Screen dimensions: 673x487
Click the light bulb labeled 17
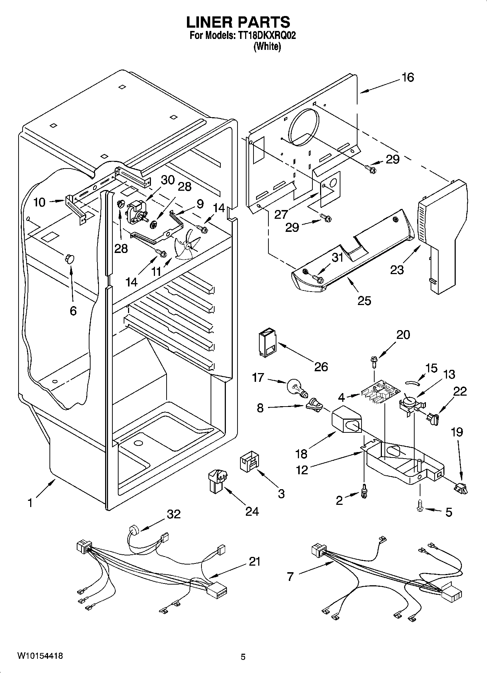tap(296, 388)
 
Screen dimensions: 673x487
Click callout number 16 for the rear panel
tap(408, 78)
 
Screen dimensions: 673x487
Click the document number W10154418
tap(40, 656)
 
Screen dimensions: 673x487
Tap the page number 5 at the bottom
tap(243, 656)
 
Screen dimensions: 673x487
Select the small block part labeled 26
tap(266, 343)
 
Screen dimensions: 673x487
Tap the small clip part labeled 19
tap(461, 487)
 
